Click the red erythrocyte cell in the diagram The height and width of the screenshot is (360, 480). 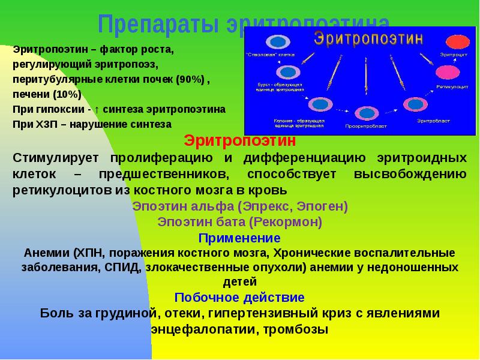pos(457,43)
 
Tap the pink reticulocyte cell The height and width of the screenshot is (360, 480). pos(447,72)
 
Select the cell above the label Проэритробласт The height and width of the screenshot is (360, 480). pos(364,113)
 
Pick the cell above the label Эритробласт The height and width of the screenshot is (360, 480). pos(413,106)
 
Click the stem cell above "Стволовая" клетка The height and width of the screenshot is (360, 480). pos(277,42)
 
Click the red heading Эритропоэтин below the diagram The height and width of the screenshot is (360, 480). pos(239,142)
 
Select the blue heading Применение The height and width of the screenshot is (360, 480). pos(239,238)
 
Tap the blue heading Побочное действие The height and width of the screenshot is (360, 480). pos(239,297)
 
